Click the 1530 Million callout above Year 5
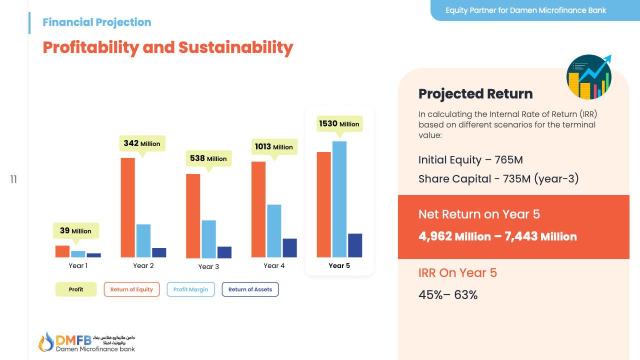[339, 124]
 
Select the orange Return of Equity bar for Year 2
[127, 207]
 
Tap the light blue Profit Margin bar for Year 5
[339, 199]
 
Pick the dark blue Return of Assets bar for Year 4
[289, 247]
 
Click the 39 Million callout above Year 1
[76, 231]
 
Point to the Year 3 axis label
[208, 266]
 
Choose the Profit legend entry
[76, 289]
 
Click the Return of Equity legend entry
[131, 289]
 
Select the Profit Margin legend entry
[190, 289]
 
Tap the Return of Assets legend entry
[250, 289]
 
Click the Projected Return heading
[475, 94]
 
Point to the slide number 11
[13, 179]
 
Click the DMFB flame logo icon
[46, 341]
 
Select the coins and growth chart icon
[589, 77]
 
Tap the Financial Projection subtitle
[97, 22]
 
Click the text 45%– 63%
[448, 295]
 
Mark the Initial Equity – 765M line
[470, 160]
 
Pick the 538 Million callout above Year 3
[208, 158]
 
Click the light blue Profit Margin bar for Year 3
[208, 239]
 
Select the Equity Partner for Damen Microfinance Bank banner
[525, 10]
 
